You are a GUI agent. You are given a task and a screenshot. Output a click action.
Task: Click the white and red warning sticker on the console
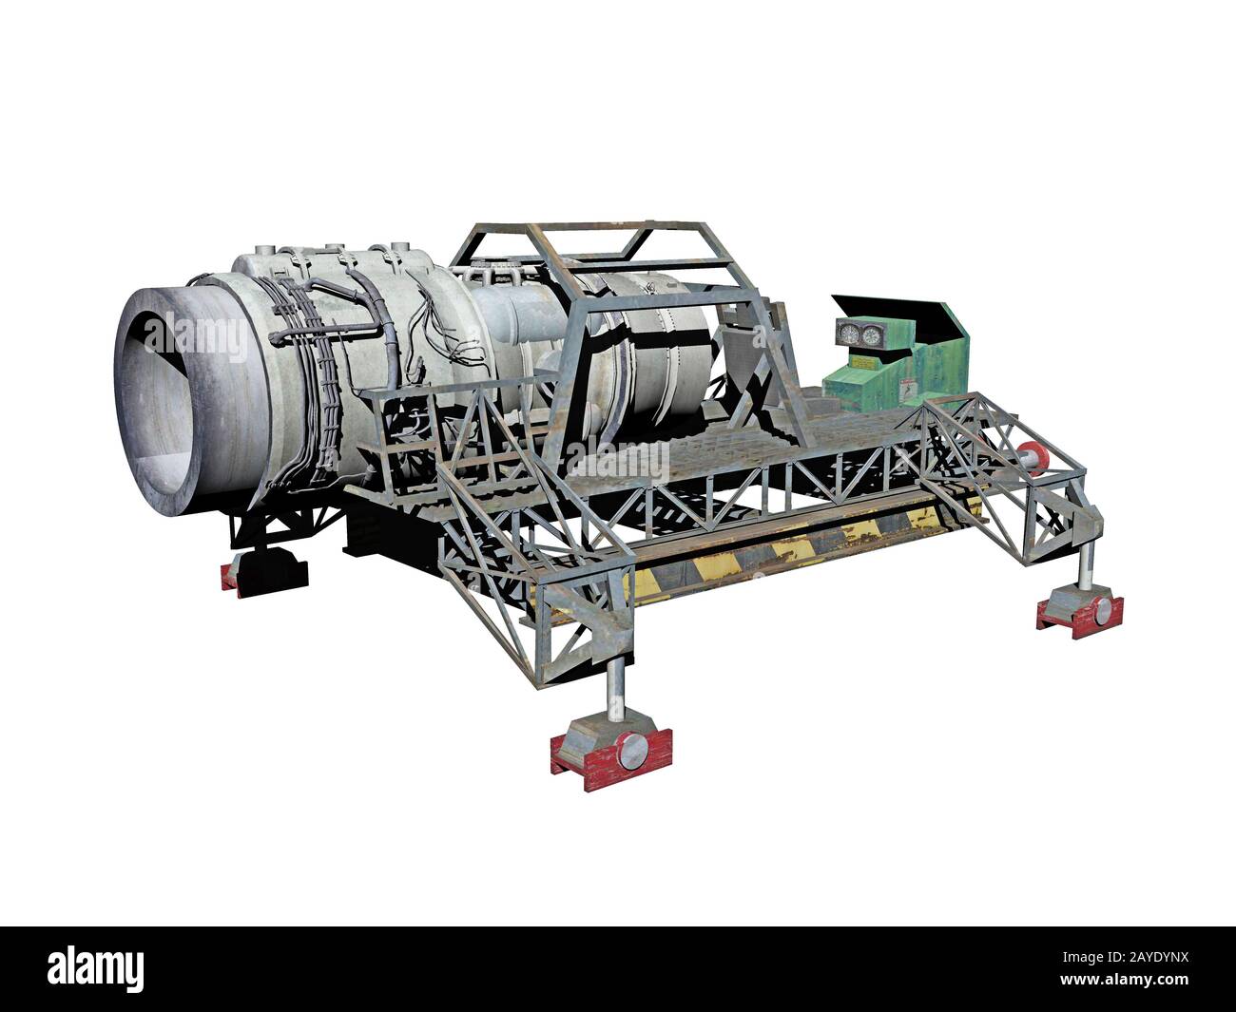907,388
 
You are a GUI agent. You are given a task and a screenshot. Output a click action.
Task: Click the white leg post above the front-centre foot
616,685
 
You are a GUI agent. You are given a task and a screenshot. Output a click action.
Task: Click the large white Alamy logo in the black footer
96,968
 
